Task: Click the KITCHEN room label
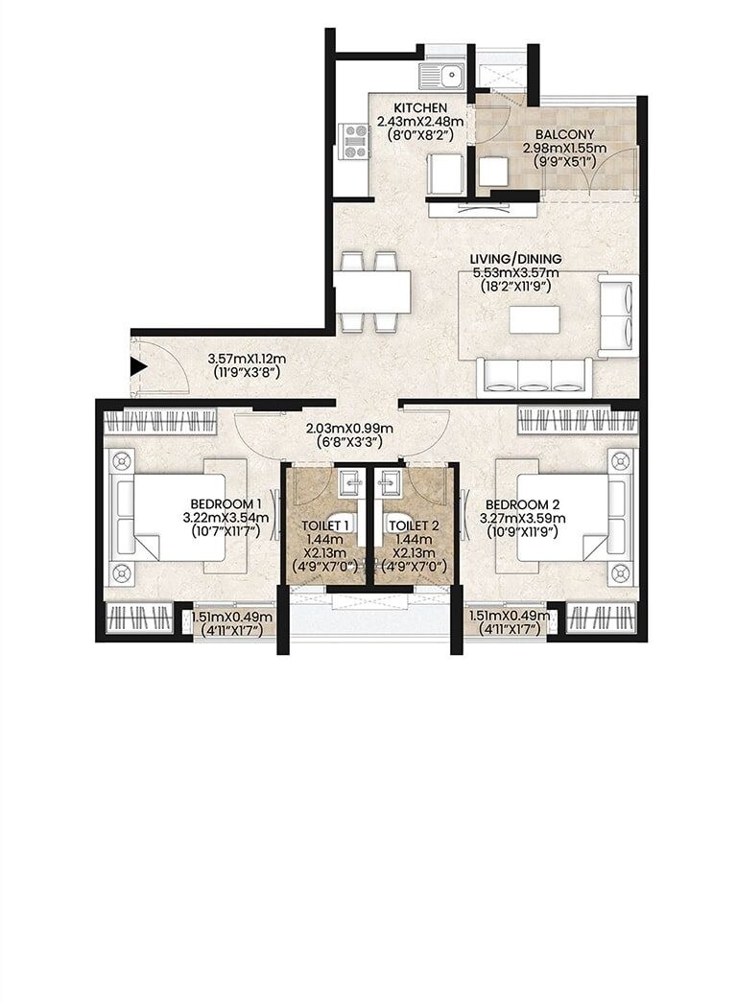click(x=420, y=107)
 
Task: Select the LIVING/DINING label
click(x=515, y=259)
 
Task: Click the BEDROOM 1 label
click(x=226, y=503)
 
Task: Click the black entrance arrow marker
click(x=138, y=366)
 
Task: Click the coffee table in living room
click(x=535, y=318)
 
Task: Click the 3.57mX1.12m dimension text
click(x=248, y=360)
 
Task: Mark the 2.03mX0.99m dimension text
click(x=343, y=428)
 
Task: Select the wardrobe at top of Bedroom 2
click(x=579, y=420)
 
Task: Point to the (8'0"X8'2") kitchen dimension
click(x=420, y=135)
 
